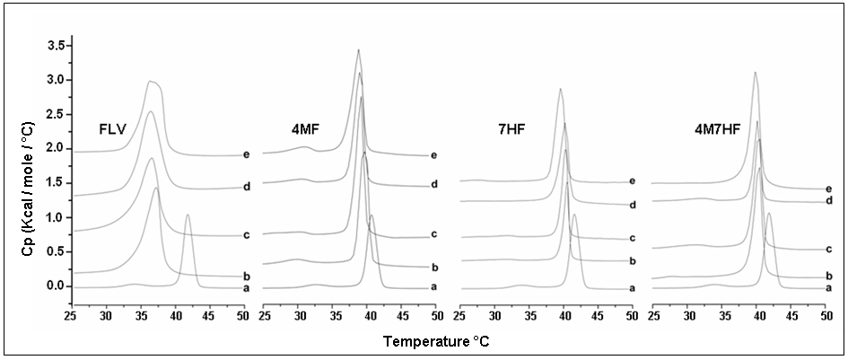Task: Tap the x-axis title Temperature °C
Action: (x=437, y=342)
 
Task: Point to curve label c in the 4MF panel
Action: (x=433, y=235)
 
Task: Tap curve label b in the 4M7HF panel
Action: (x=827, y=276)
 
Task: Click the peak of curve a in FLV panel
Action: (x=188, y=215)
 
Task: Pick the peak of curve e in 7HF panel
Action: (x=560, y=89)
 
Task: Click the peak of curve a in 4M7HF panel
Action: (x=768, y=214)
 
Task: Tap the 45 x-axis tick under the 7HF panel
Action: (x=599, y=316)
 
